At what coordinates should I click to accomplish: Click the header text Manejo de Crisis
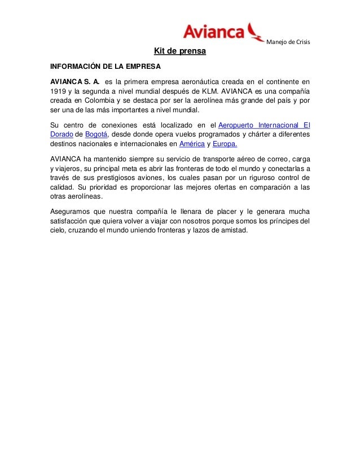coord(288,44)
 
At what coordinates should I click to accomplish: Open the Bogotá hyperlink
coord(95,133)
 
